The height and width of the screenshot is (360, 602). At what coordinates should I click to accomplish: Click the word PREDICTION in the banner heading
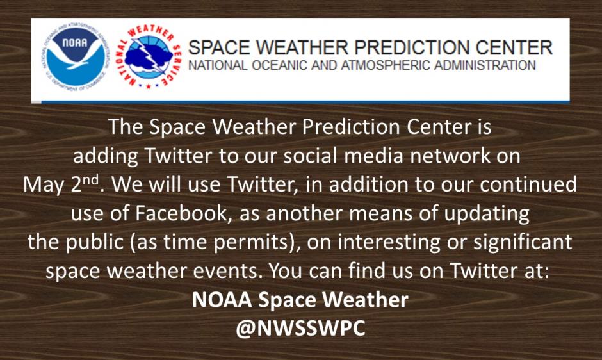pos(398,47)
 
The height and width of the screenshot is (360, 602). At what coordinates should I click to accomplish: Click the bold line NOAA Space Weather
pos(300,299)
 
